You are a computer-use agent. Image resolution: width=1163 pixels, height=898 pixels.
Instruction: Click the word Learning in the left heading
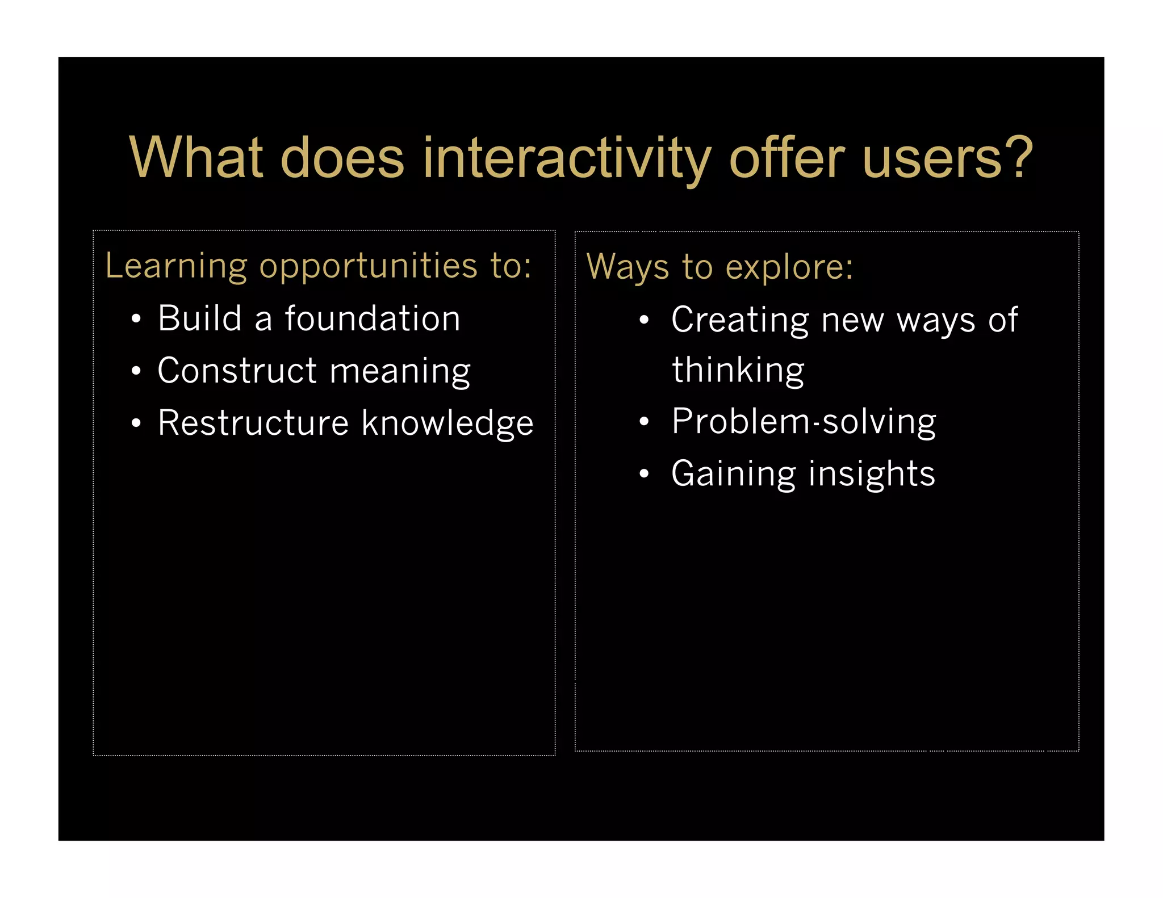click(x=176, y=266)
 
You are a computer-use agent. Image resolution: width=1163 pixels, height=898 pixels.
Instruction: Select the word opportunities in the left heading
click(x=368, y=267)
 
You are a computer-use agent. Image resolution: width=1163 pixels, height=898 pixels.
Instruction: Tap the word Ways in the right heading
click(x=627, y=267)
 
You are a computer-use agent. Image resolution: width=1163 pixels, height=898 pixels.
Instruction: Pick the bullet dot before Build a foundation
click(x=136, y=319)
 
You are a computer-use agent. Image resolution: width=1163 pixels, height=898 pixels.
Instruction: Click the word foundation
click(x=372, y=318)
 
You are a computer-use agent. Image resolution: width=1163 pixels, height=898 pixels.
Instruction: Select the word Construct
click(x=237, y=371)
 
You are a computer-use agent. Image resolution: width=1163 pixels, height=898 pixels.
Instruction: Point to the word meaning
click(x=400, y=372)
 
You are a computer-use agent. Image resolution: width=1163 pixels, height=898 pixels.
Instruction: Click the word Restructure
click(x=253, y=423)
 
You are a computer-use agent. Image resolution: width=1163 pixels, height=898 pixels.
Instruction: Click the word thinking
click(x=738, y=371)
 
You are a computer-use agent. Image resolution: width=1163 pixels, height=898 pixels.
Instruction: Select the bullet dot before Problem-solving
click(x=643, y=422)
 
